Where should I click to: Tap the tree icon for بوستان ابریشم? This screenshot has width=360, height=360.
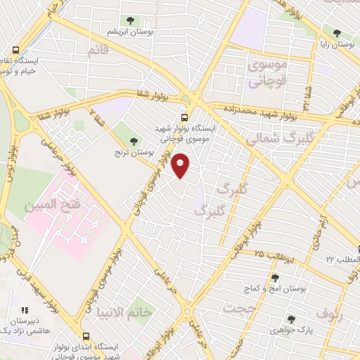point(131,20)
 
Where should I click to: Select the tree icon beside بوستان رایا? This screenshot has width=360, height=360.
point(337,32)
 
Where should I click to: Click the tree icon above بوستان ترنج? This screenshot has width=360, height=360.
point(134,141)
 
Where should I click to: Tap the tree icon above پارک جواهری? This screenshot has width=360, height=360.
point(290,319)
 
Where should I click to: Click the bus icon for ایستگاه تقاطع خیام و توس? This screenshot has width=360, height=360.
point(15,50)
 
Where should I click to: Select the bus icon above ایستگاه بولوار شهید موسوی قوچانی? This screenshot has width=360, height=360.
point(185,117)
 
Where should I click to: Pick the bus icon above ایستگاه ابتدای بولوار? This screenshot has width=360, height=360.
point(86,336)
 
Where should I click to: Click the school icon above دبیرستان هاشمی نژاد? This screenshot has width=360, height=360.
point(25,309)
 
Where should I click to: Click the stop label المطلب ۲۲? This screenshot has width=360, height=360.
point(342,259)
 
